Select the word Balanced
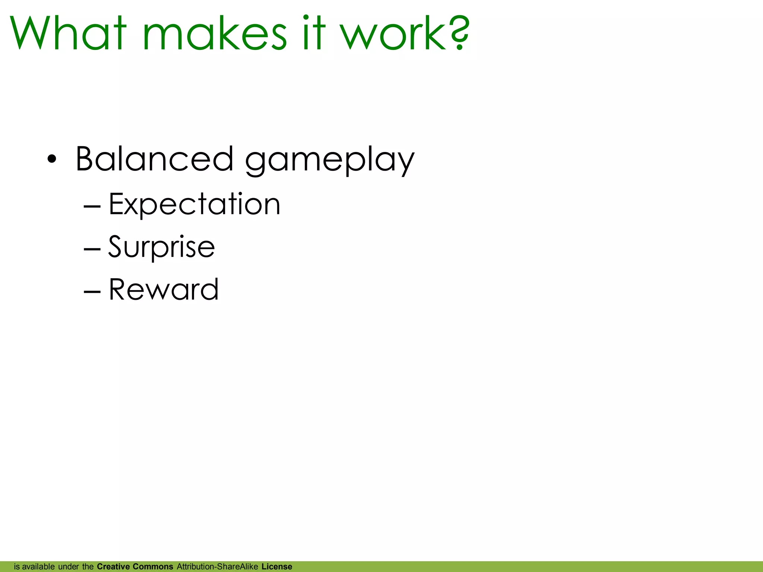point(154,159)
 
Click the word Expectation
point(194,204)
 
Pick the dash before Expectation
point(92,206)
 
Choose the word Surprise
point(161,247)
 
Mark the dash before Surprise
point(92,249)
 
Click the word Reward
point(164,290)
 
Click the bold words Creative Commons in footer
point(135,567)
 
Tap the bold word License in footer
point(277,567)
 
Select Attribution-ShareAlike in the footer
point(217,567)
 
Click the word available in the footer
point(38,567)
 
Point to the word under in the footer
point(69,567)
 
